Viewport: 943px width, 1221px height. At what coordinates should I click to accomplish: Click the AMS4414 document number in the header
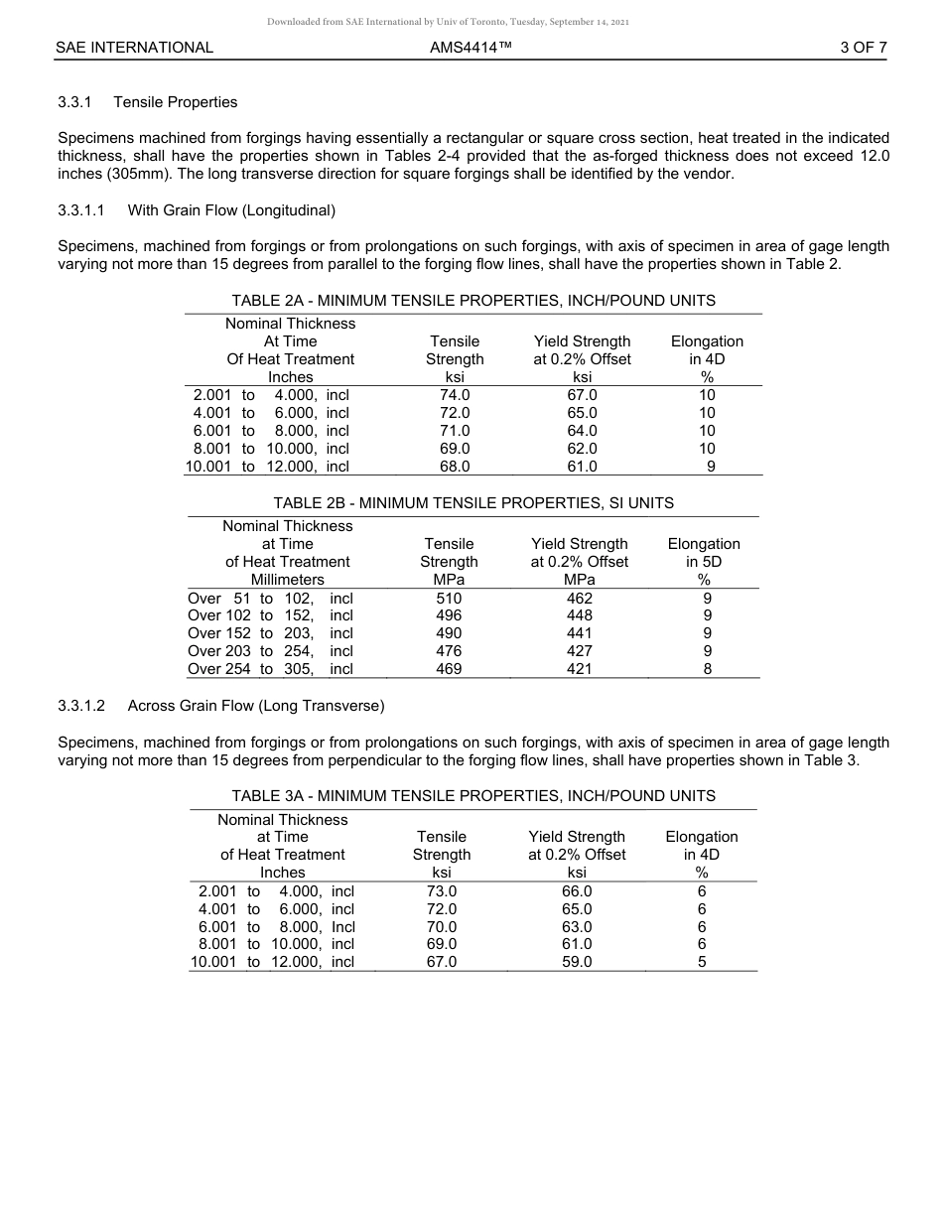point(471,47)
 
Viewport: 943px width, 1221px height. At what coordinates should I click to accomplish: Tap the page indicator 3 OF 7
point(862,47)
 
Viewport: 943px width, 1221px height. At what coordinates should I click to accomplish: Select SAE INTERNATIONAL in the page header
point(134,47)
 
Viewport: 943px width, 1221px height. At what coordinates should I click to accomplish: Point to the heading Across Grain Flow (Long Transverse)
point(256,706)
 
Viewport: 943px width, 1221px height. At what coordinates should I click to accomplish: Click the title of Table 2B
point(473,503)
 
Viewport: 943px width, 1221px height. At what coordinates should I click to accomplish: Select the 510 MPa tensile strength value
point(449,599)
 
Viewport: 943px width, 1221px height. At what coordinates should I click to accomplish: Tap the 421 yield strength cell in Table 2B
point(579,669)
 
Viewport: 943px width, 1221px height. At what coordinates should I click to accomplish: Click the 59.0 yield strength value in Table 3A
point(577,962)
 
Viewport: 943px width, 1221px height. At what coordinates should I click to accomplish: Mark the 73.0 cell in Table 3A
point(442,891)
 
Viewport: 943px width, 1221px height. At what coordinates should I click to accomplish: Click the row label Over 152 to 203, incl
point(270,633)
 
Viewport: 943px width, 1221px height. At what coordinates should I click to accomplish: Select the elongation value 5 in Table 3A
point(702,962)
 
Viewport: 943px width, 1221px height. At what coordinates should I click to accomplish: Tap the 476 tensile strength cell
point(449,651)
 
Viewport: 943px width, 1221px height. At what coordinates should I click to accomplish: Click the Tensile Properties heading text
point(176,102)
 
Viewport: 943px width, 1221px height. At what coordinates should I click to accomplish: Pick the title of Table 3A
point(473,796)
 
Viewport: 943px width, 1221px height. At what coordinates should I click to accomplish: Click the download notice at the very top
point(448,22)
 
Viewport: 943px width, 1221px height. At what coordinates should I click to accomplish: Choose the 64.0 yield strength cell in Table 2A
point(581,431)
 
